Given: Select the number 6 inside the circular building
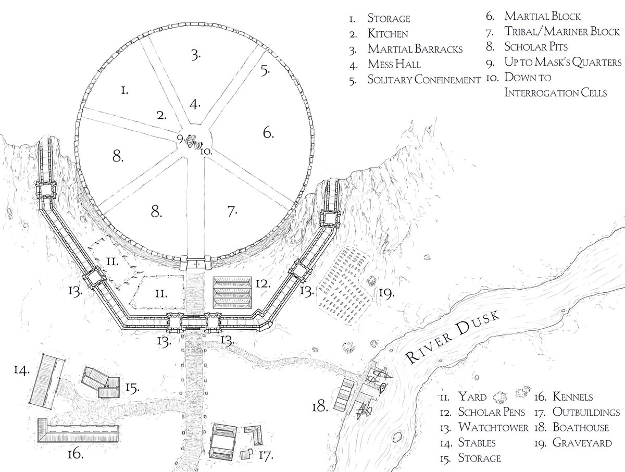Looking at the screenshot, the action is coord(268,133).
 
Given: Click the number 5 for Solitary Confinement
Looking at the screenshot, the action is coord(265,70).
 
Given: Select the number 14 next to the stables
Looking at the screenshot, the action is coord(21,370).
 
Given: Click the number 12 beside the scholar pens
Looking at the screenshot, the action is coord(262,284).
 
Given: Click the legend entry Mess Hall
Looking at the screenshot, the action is coord(394,65).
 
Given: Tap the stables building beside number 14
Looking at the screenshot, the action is coord(44,380).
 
